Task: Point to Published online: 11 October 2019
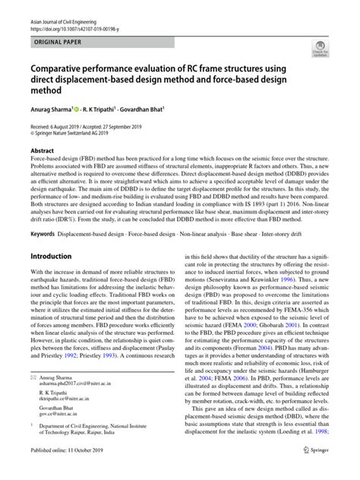65,472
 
